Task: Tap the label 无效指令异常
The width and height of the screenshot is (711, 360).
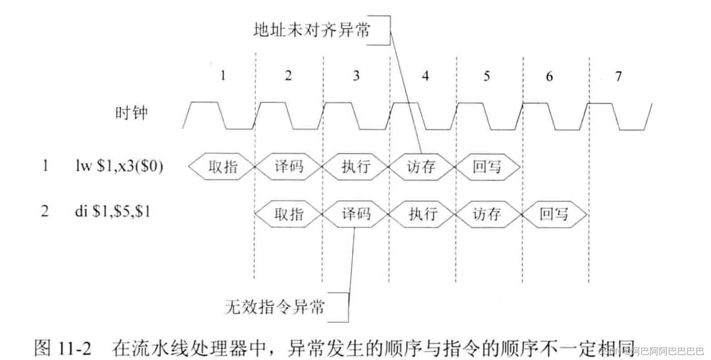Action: coord(275,306)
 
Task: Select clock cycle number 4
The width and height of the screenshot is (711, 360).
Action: coord(425,76)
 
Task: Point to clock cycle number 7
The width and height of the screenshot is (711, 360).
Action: coord(618,76)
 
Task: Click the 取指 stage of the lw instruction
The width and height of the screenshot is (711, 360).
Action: coord(222,167)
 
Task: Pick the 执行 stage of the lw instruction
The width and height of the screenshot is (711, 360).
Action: coord(356,167)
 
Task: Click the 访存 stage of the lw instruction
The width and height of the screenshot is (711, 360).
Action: coord(421,167)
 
